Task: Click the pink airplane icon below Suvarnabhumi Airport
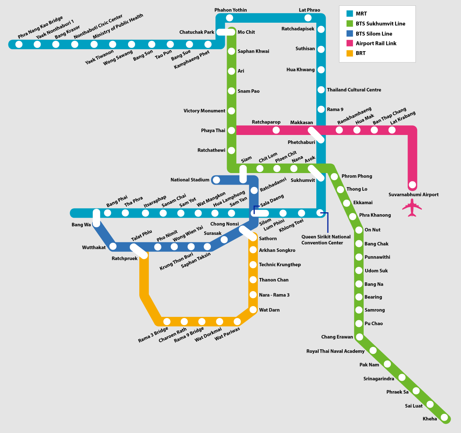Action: click(x=412, y=208)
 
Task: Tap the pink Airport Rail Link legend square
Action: click(x=349, y=43)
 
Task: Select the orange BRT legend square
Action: click(x=349, y=53)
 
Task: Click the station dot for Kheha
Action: click(x=444, y=417)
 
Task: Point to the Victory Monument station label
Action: click(x=204, y=111)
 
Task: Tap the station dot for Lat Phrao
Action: click(x=308, y=18)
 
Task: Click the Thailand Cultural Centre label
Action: click(x=354, y=90)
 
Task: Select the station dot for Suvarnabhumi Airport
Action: click(x=412, y=185)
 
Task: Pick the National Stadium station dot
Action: click(x=216, y=180)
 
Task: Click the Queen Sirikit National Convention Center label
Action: click(x=326, y=240)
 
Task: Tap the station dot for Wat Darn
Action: click(x=253, y=310)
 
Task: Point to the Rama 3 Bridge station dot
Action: click(x=167, y=321)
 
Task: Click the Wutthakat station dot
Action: click(x=113, y=246)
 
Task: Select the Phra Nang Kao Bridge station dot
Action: click(x=19, y=45)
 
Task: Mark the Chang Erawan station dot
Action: click(x=359, y=337)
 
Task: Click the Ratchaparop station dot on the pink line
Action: click(x=276, y=130)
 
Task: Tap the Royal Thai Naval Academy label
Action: click(x=335, y=351)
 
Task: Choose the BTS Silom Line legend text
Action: click(x=374, y=34)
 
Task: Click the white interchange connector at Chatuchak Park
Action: click(x=225, y=32)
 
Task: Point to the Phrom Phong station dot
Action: click(x=334, y=177)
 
